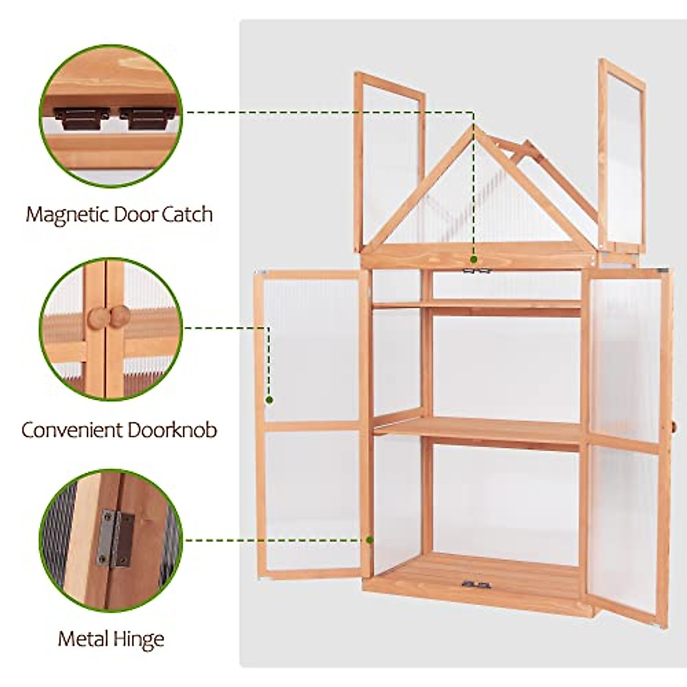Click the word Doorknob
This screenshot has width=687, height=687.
(172, 429)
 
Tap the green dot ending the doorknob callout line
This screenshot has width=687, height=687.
(268, 400)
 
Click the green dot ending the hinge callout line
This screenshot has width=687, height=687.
(370, 539)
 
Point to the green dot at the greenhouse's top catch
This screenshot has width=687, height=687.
(474, 258)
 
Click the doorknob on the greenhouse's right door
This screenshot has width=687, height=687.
(674, 427)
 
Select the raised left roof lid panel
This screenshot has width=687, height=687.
(389, 155)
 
